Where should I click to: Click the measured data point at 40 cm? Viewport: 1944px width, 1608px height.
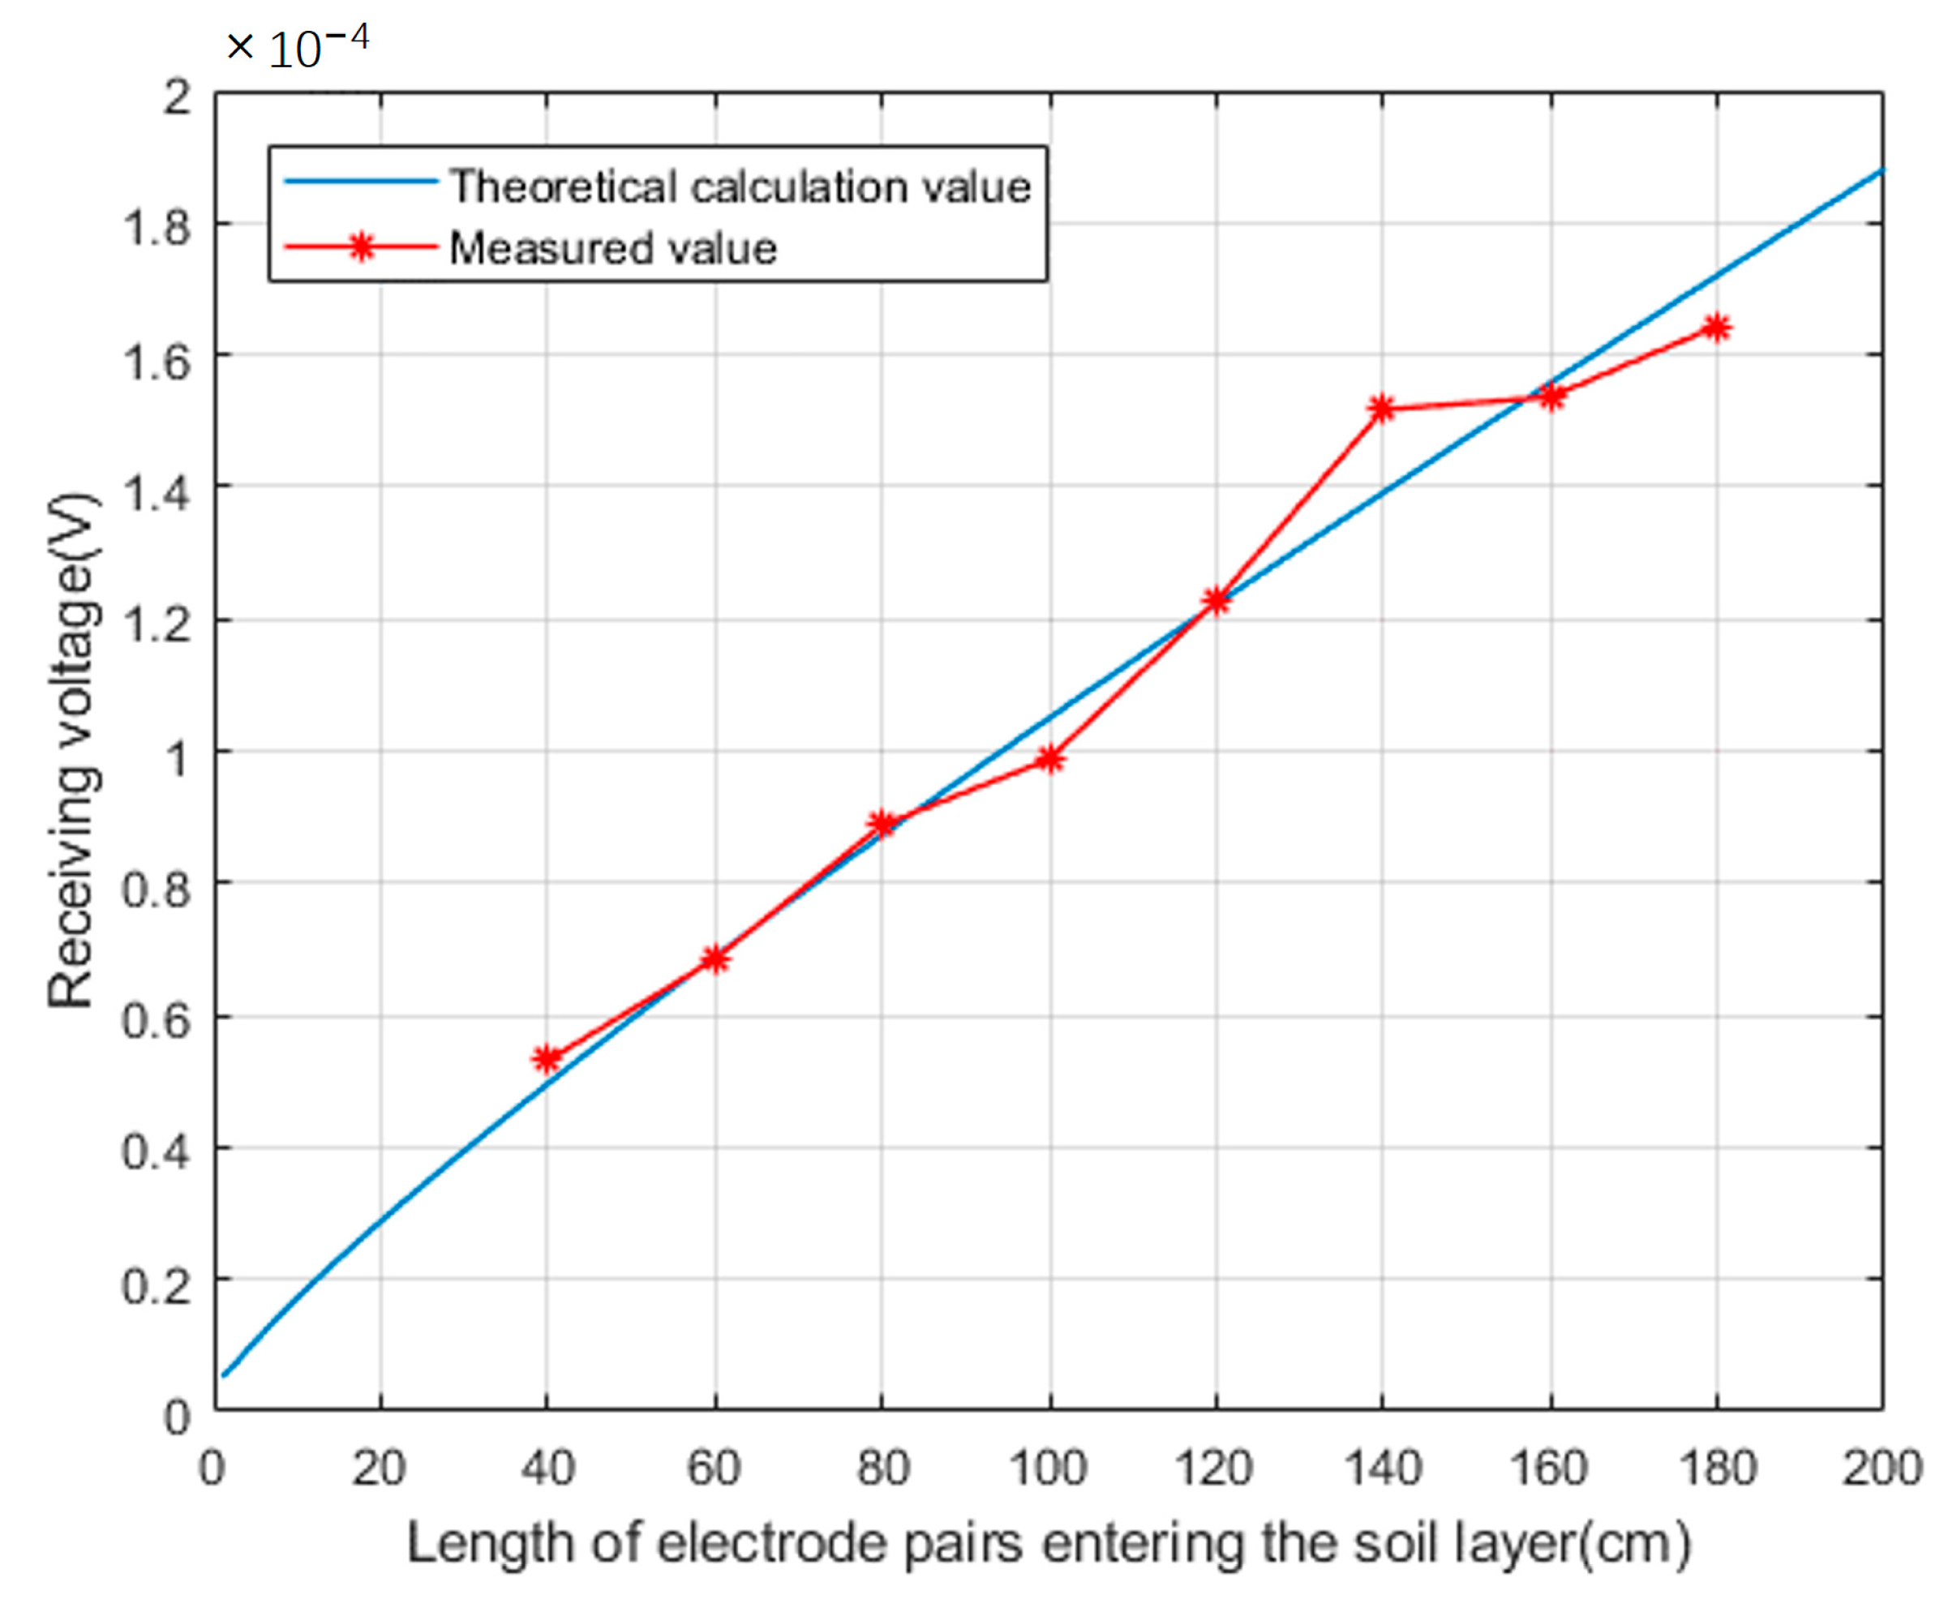tap(547, 1059)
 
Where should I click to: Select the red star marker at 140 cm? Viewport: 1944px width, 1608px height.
tap(1381, 408)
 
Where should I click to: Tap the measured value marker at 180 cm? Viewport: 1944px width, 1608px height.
tap(1716, 328)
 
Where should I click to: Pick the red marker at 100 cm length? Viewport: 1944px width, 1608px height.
tap(1049, 759)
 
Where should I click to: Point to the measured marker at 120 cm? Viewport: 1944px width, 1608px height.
tap(1216, 601)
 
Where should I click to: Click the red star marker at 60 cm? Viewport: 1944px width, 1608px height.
tap(714, 958)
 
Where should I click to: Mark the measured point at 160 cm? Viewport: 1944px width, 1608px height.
tap(1551, 397)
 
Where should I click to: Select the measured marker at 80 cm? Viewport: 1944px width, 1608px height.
tap(882, 823)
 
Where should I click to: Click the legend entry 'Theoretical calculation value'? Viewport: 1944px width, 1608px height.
tap(740, 187)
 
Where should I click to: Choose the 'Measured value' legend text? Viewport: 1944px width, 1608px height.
tap(613, 248)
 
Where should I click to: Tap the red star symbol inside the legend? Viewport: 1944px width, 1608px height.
tap(362, 247)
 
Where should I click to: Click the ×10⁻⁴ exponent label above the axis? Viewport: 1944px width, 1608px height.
tap(298, 46)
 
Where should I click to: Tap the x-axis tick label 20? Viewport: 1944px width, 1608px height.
tap(379, 1469)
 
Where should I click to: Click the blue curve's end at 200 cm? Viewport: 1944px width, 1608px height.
tap(1880, 170)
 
